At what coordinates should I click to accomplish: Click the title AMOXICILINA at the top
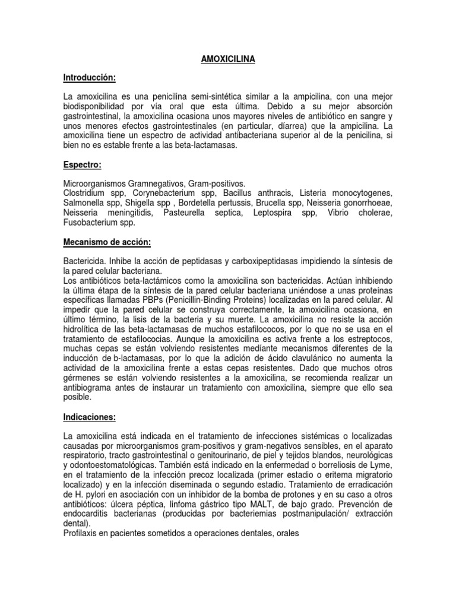[x=227, y=59]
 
